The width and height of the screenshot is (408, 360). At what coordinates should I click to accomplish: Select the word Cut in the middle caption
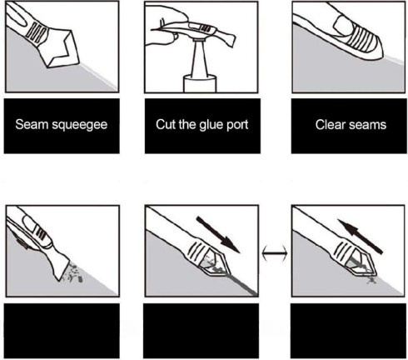click(x=166, y=124)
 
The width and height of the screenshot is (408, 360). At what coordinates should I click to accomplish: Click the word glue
click(x=211, y=125)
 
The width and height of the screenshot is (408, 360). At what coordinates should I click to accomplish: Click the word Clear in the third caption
click(x=331, y=124)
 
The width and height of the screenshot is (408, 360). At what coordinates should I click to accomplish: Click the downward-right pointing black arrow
click(x=218, y=235)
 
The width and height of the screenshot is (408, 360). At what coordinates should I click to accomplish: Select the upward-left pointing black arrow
click(x=360, y=236)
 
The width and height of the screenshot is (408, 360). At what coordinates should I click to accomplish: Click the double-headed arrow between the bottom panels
click(x=275, y=253)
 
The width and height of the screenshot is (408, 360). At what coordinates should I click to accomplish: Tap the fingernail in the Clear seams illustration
click(x=344, y=25)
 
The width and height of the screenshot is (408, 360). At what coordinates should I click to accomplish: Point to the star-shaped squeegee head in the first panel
click(x=62, y=49)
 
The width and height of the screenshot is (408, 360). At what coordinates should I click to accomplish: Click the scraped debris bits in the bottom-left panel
click(x=73, y=273)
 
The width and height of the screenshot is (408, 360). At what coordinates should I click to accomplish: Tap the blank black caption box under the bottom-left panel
click(x=62, y=331)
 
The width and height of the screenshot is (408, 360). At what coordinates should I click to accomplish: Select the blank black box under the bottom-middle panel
click(x=201, y=331)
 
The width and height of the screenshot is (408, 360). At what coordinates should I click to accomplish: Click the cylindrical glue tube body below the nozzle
click(x=200, y=83)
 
